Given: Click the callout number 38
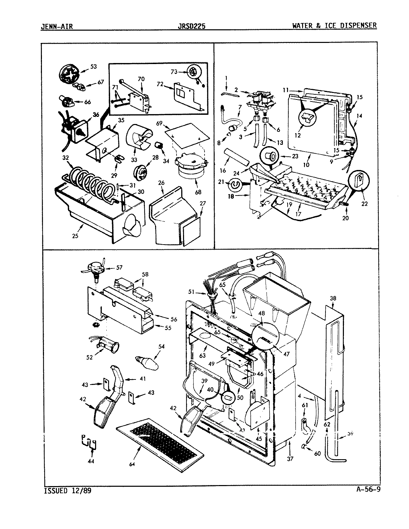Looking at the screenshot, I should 333,298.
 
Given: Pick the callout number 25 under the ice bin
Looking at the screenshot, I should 75,235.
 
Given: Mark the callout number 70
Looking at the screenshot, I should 141,79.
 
